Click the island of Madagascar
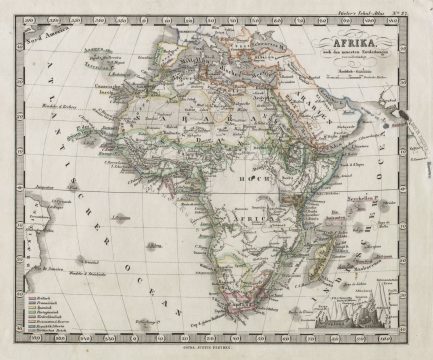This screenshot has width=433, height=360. click(337, 255)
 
